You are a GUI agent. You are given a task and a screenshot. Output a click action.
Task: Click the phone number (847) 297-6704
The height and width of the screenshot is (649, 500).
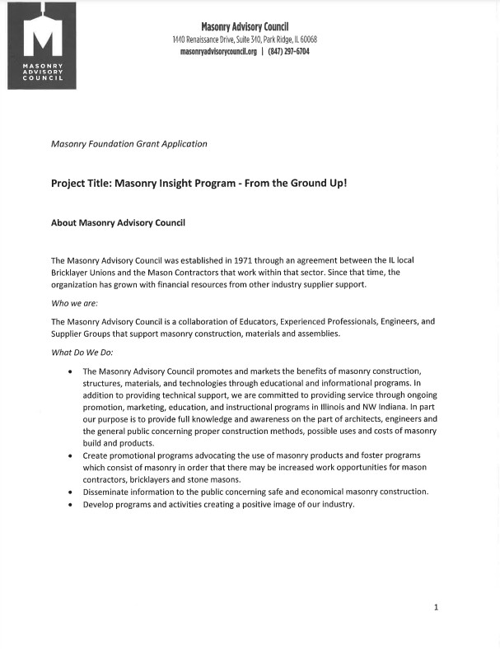[x=288, y=51]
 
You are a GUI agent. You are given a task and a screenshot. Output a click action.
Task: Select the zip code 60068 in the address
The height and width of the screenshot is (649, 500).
[x=308, y=40]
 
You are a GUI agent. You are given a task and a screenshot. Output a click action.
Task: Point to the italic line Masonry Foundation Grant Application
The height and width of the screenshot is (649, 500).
[x=129, y=143]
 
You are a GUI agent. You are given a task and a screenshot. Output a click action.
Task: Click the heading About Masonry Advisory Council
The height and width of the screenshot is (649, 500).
[x=118, y=222]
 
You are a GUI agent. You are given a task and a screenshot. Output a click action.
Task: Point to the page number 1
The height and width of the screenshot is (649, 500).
[x=436, y=607]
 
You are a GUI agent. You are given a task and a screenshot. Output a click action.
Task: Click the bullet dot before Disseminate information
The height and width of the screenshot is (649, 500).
[x=69, y=492]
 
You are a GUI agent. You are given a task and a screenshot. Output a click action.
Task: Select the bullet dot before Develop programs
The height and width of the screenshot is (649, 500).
[x=69, y=505]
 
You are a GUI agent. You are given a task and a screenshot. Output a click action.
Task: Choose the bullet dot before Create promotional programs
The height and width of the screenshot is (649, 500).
[x=69, y=455]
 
